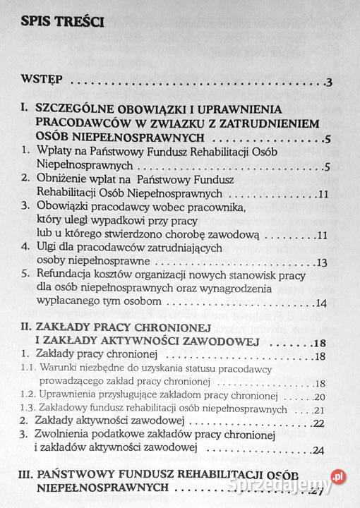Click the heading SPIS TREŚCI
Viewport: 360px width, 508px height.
pos(63,22)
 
